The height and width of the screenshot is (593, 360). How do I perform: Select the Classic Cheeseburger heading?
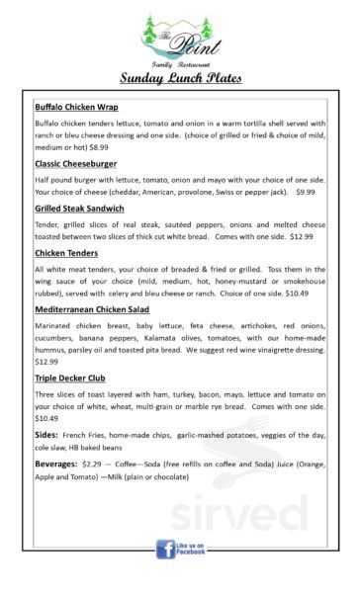point(75,163)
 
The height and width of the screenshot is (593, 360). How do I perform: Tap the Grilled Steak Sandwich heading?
point(79,209)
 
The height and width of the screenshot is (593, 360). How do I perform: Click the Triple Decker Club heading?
point(71,378)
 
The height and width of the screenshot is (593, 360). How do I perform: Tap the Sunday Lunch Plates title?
point(180,78)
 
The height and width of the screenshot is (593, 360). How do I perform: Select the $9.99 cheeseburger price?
point(305,192)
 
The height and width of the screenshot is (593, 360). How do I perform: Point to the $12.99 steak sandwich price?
point(302,237)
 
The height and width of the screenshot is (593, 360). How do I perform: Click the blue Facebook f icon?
point(165,549)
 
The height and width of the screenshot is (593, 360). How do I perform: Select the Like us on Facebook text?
point(192,549)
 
